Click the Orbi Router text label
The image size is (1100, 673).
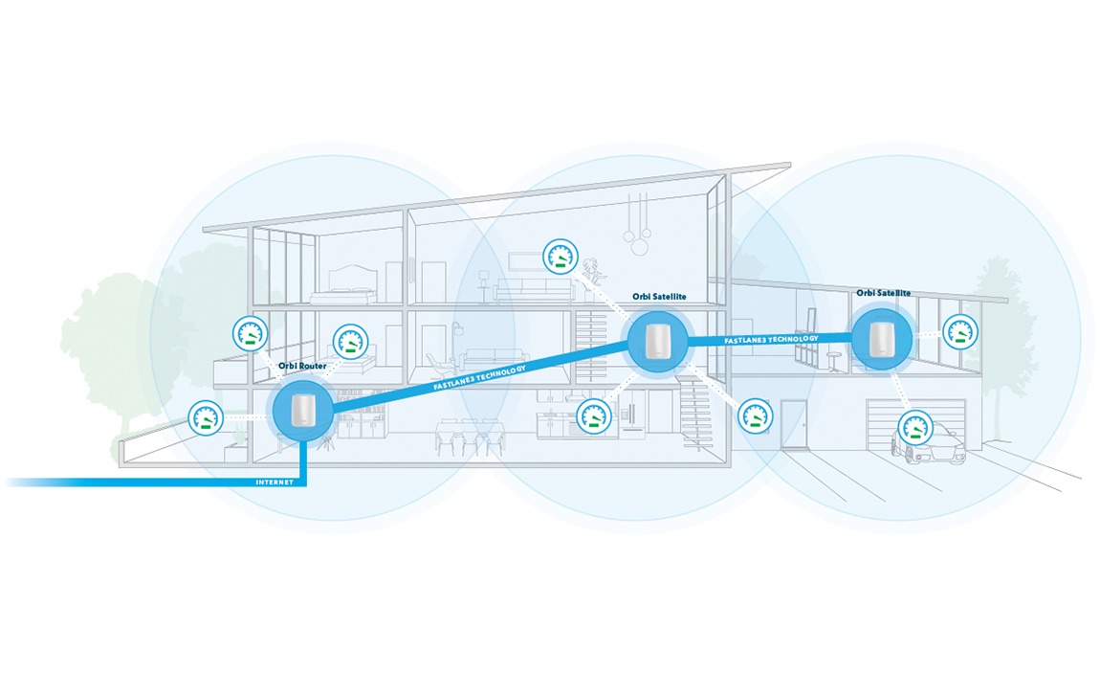tap(302, 366)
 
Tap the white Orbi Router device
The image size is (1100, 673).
tap(302, 411)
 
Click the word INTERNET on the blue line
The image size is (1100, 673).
tap(274, 482)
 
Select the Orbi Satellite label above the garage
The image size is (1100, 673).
tap(883, 293)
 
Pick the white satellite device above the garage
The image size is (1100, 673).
tap(881, 338)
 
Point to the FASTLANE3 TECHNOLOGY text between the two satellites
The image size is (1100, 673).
tap(771, 339)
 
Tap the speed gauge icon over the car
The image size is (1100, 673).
tap(914, 426)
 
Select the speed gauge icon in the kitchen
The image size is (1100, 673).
tap(594, 416)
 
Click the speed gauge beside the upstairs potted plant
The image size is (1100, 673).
tap(561, 257)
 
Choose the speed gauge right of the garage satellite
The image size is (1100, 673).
tap(959, 332)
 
